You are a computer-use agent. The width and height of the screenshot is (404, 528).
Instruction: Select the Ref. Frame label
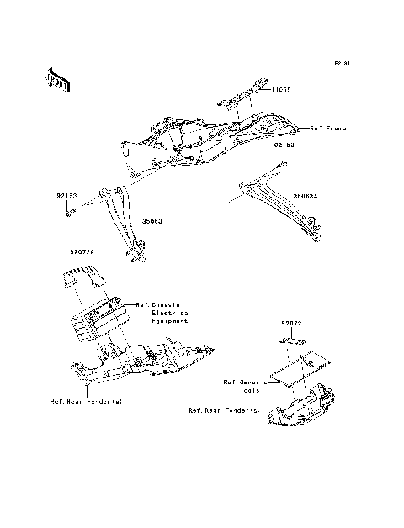(x=329, y=129)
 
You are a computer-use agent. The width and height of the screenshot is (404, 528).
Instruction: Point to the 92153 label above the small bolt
(x=67, y=196)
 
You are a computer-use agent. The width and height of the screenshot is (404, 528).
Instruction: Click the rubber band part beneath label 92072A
(x=82, y=274)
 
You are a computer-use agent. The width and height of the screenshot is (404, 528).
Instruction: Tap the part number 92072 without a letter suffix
(x=292, y=321)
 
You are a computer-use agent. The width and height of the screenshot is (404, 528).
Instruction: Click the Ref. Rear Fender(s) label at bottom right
(x=225, y=411)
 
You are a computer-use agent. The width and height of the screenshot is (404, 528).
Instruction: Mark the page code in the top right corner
(x=341, y=63)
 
